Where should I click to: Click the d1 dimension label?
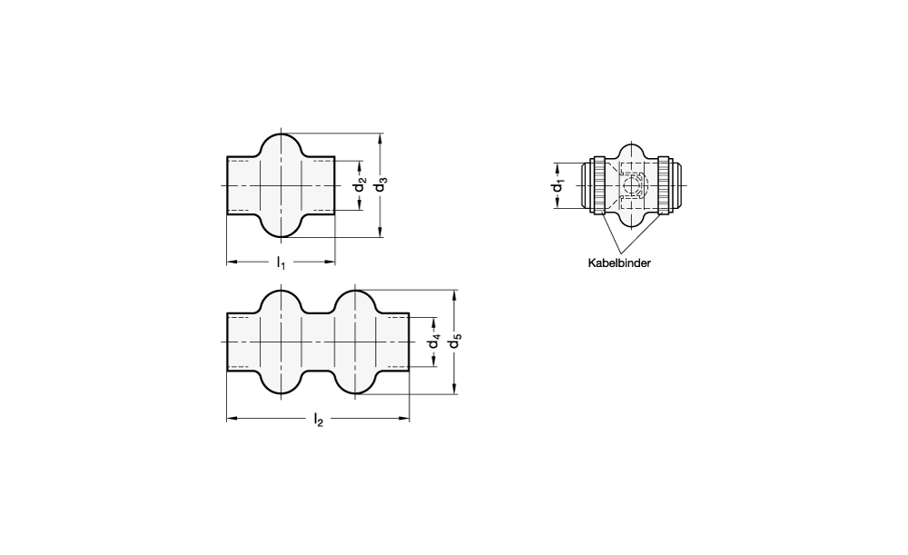coord(558,186)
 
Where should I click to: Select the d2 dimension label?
coord(360,186)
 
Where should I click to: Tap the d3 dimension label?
coord(380,186)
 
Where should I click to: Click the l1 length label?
coord(281,263)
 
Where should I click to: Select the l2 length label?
coord(318,420)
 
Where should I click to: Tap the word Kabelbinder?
coord(619,263)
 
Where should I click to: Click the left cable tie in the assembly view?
coord(598,185)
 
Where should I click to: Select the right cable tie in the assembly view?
coord(664,185)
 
